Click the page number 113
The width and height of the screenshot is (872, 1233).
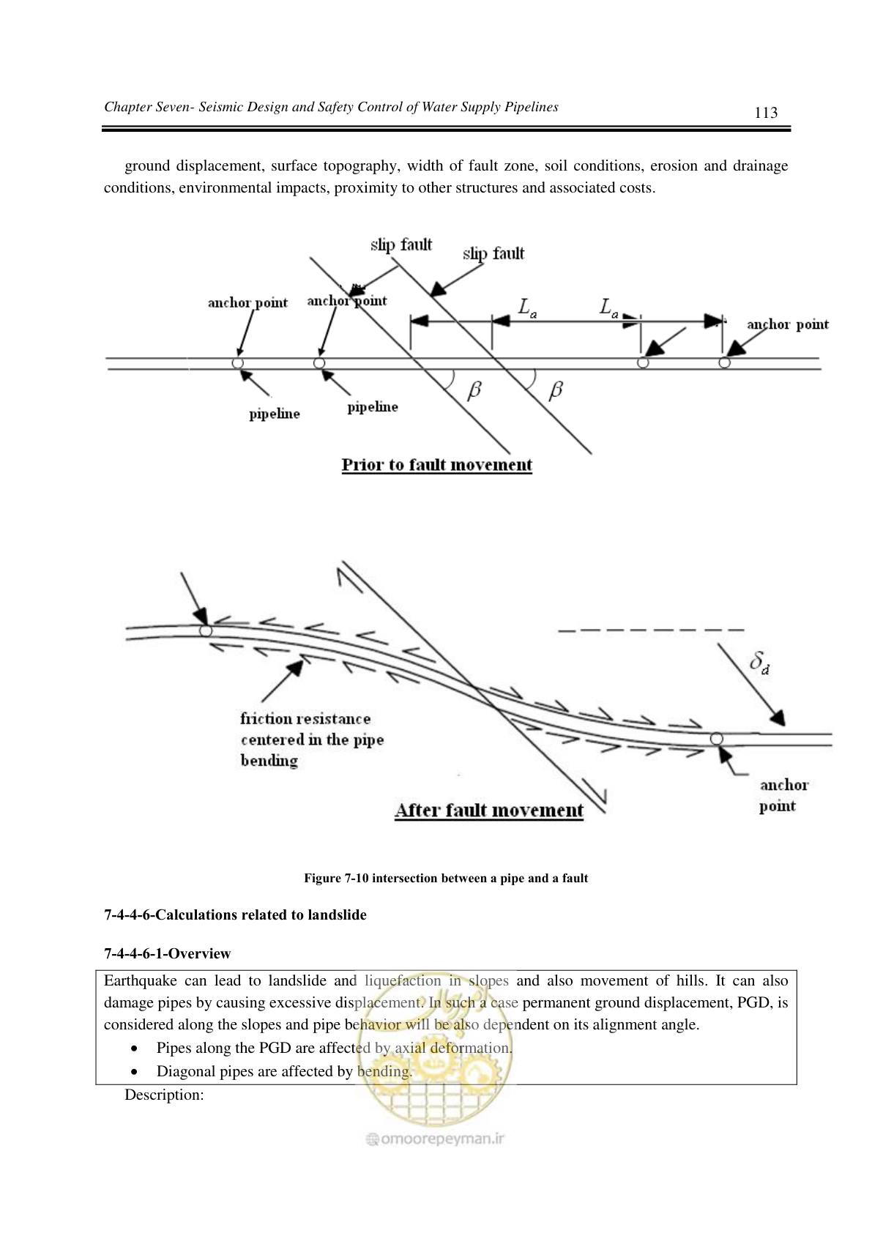(765, 113)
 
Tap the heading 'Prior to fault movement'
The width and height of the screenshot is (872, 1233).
(436, 465)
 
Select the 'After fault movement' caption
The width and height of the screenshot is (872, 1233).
(489, 811)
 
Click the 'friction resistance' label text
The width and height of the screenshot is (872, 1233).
(305, 719)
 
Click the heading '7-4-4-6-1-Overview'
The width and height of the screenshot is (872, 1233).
(168, 953)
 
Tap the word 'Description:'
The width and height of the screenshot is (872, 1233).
(164, 1095)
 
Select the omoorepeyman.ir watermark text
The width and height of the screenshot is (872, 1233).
(436, 1139)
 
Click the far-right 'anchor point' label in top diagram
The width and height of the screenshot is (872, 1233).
(788, 325)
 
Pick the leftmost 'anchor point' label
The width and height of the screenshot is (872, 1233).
(247, 302)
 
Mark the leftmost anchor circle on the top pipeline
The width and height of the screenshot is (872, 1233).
(237, 363)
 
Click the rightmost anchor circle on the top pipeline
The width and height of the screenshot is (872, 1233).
(724, 362)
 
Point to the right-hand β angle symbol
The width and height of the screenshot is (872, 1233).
(556, 390)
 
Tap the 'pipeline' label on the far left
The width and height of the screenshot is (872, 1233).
(274, 414)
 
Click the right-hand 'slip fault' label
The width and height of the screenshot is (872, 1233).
(493, 254)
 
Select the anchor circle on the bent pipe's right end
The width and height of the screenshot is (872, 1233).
(716, 739)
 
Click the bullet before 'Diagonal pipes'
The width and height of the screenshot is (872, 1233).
(134, 1072)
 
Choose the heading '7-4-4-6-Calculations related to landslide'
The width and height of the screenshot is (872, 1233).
(235, 914)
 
